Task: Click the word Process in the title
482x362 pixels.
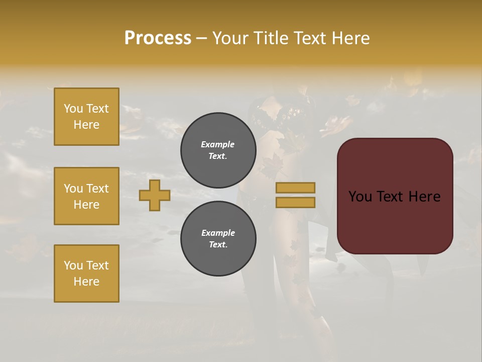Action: (x=158, y=38)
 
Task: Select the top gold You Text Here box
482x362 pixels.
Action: (x=86, y=117)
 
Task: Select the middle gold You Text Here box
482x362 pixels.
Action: (x=86, y=196)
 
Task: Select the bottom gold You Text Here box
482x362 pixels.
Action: (x=86, y=274)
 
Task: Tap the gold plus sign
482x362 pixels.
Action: (x=155, y=195)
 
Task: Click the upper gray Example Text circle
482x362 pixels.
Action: (x=218, y=150)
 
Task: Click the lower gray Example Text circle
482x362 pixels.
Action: (x=218, y=239)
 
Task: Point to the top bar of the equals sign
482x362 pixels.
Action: (x=295, y=188)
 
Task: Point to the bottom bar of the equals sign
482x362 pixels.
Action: (x=295, y=202)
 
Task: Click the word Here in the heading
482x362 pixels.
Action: (x=351, y=38)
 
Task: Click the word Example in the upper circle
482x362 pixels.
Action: (x=218, y=144)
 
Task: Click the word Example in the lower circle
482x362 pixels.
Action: (x=218, y=233)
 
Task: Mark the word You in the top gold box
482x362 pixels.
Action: (x=73, y=109)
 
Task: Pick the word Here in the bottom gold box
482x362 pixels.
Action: (x=86, y=282)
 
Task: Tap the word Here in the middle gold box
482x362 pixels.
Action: (x=86, y=205)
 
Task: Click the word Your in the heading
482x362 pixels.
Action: (x=230, y=38)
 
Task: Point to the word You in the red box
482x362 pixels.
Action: (x=360, y=197)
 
